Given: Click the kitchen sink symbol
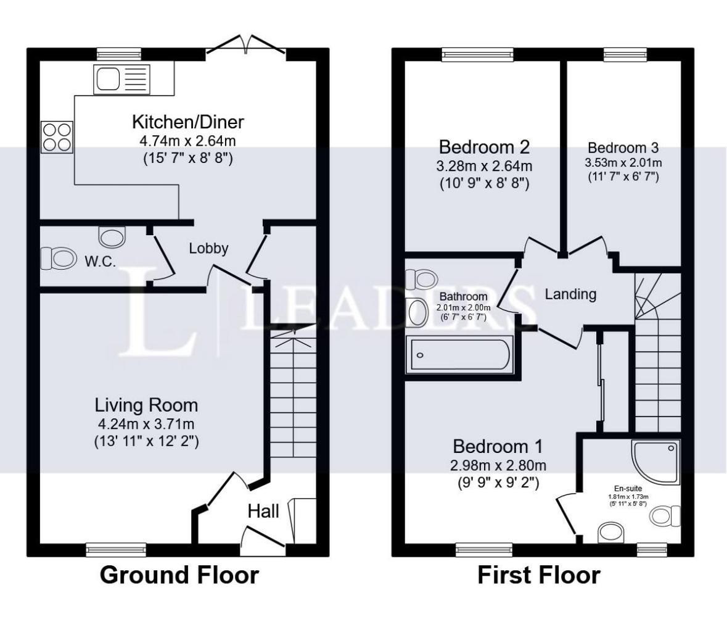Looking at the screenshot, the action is pos(122,80).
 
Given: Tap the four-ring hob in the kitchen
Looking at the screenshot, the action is pos(57,137).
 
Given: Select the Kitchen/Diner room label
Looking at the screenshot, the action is pos(188,122).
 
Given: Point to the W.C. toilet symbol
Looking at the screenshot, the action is pos(59,258).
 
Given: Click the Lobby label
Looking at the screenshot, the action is pos(208,248).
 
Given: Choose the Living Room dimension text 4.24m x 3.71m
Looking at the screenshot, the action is pos(146,423).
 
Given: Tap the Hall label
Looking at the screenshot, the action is pos(263,512).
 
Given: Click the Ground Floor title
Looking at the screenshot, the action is pos(179,575).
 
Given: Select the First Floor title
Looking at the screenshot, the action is pos(539,575).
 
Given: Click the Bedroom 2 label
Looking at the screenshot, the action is pos(484,147).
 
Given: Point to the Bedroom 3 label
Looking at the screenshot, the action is pos(623,148).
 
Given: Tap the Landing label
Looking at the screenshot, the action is pos(570,294).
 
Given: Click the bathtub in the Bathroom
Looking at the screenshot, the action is pos(459,355).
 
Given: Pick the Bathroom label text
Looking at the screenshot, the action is pos(463,296).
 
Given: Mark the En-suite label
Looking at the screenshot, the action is pos(628,489).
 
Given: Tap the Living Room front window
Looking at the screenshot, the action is pos(116,550).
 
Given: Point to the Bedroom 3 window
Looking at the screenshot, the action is pos(625,54).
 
